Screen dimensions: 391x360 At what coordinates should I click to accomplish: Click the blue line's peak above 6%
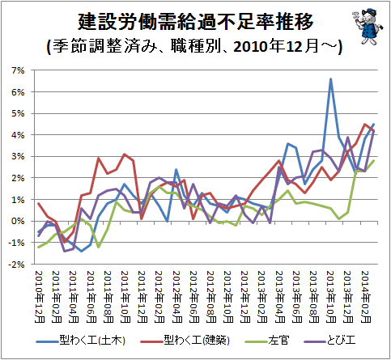point(330,78)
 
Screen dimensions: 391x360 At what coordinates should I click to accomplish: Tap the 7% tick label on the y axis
point(18,70)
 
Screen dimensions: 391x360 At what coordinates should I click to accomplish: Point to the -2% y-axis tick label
point(16,265)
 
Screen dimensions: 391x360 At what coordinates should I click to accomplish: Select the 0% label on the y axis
point(18,222)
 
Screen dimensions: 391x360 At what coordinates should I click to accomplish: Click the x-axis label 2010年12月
point(40,297)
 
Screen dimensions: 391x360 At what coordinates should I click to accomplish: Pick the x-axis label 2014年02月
point(366,297)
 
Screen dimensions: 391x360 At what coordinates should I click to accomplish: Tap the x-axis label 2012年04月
point(176,297)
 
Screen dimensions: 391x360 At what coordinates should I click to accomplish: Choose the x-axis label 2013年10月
point(331,297)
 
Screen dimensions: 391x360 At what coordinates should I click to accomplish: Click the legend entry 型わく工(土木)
point(81,341)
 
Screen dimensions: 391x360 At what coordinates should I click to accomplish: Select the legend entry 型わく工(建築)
point(185,341)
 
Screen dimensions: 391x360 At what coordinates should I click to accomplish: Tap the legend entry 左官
point(267,341)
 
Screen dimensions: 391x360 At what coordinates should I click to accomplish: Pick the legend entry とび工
point(329,341)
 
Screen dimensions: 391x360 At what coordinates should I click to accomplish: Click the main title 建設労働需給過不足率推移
point(195,22)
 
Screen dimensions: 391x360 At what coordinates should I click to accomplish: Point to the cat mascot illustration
point(368,27)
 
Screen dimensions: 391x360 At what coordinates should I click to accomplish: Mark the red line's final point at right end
point(374,130)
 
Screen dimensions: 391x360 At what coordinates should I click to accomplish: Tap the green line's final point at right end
point(374,161)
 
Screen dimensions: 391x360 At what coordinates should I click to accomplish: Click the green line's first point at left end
point(39,247)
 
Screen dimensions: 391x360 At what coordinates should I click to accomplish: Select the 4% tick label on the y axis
point(18,135)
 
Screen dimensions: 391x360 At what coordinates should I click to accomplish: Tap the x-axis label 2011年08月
point(108,297)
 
